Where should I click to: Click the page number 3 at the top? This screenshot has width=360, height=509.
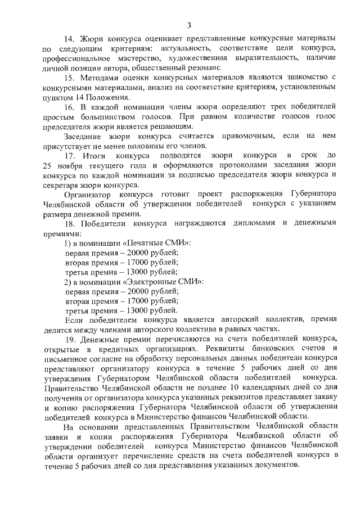tap(190, 25)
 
